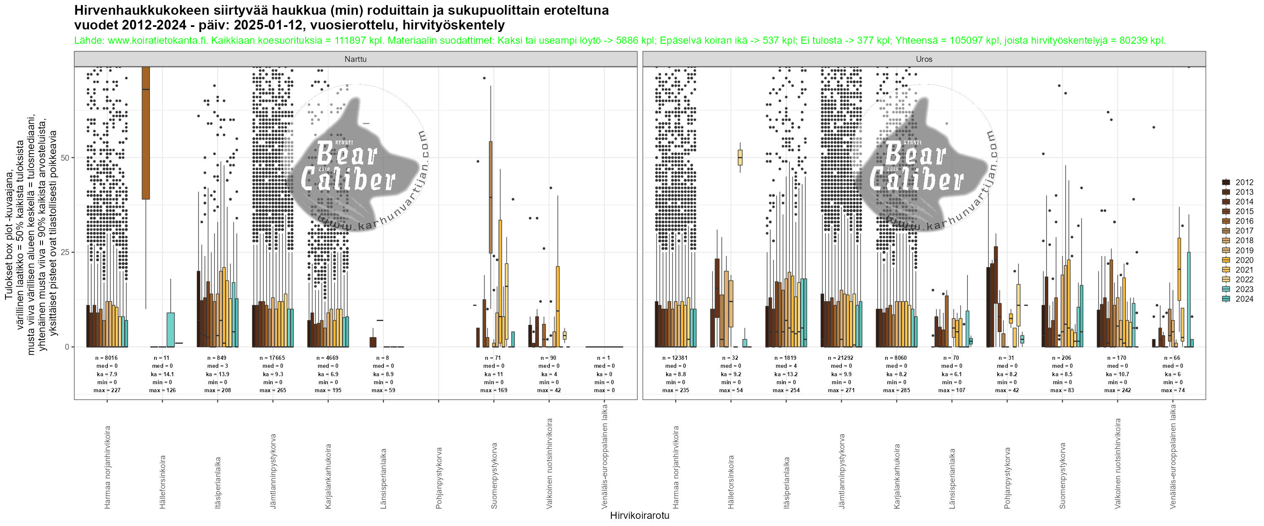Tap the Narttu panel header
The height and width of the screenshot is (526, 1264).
[x=355, y=59]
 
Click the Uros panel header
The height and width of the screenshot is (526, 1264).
[x=924, y=59]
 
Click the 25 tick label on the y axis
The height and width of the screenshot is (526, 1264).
[x=65, y=252]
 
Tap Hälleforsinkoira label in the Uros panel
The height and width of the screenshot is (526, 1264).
[x=731, y=482]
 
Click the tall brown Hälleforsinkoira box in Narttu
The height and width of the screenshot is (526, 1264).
[x=146, y=133]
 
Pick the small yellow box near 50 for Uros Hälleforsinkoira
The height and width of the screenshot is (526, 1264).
[x=740, y=158]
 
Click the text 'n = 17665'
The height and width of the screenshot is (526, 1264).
[x=273, y=358]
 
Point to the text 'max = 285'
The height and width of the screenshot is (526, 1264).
[x=897, y=390]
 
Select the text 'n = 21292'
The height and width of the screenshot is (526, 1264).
[x=841, y=358]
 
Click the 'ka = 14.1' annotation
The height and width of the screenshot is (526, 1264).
[x=162, y=374]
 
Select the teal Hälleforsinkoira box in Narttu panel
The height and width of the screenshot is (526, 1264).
[x=170, y=329]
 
